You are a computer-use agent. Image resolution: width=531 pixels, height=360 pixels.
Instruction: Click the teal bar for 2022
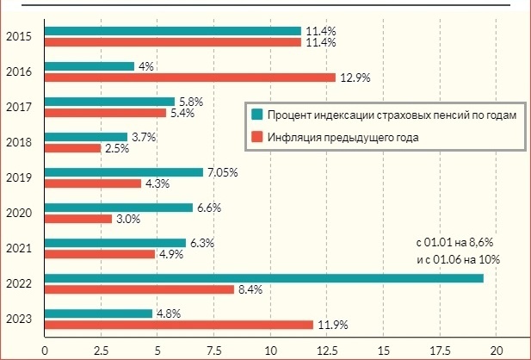[263, 278]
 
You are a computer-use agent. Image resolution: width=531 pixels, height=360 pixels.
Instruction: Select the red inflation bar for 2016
[189, 78]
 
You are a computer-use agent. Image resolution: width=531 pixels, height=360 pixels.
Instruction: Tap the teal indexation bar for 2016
[90, 66]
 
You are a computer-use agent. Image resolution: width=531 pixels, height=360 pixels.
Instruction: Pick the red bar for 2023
[178, 325]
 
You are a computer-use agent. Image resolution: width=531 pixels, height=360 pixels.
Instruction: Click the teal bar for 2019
[124, 172]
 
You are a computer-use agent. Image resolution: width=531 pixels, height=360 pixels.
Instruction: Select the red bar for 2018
[72, 148]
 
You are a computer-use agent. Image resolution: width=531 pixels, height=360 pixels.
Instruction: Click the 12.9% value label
[353, 78]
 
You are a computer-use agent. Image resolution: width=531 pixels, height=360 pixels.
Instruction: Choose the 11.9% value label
[330, 326]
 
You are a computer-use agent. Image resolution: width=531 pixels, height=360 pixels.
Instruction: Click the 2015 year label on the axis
[19, 36]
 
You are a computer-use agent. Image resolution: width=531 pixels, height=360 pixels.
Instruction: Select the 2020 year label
[19, 213]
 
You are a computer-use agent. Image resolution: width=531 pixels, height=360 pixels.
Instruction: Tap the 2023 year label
[19, 320]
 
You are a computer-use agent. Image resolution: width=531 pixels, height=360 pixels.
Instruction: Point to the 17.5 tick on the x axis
[440, 351]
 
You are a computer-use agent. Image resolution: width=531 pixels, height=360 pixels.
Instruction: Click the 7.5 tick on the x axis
[213, 351]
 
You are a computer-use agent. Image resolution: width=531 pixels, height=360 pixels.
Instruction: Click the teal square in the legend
[256, 115]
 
